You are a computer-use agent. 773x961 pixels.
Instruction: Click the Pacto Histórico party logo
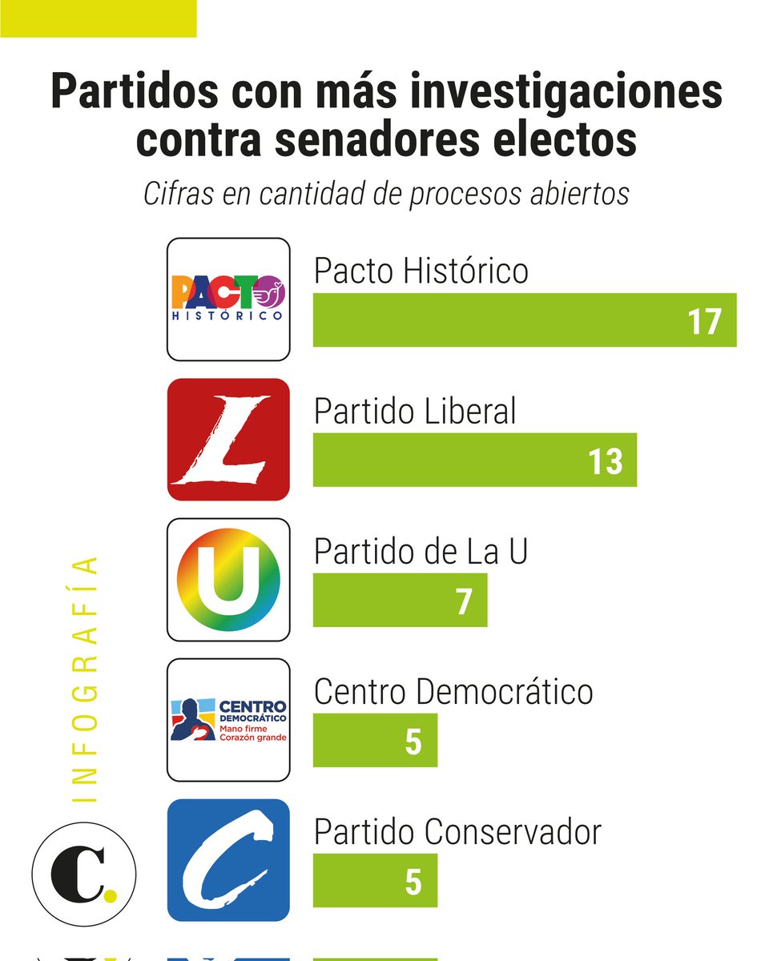(228, 300)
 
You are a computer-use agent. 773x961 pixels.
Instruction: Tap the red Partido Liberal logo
(228, 440)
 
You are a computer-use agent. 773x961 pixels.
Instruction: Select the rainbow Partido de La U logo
(228, 580)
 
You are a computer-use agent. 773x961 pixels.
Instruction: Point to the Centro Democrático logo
(228, 719)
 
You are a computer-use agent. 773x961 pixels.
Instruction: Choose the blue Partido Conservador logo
(228, 859)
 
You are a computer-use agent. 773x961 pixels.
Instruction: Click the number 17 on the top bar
(704, 321)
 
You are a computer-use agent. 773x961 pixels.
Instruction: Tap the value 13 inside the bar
(605, 461)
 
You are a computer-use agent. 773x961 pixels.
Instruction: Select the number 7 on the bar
(464, 601)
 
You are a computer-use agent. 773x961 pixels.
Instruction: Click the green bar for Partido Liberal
(449, 460)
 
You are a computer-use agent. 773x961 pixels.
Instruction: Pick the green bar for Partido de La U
(384, 601)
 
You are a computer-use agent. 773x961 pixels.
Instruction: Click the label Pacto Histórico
(421, 271)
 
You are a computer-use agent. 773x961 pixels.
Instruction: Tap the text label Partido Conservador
(457, 832)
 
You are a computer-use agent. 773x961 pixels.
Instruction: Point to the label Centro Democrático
(453, 692)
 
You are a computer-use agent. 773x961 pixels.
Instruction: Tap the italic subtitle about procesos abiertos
(386, 195)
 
